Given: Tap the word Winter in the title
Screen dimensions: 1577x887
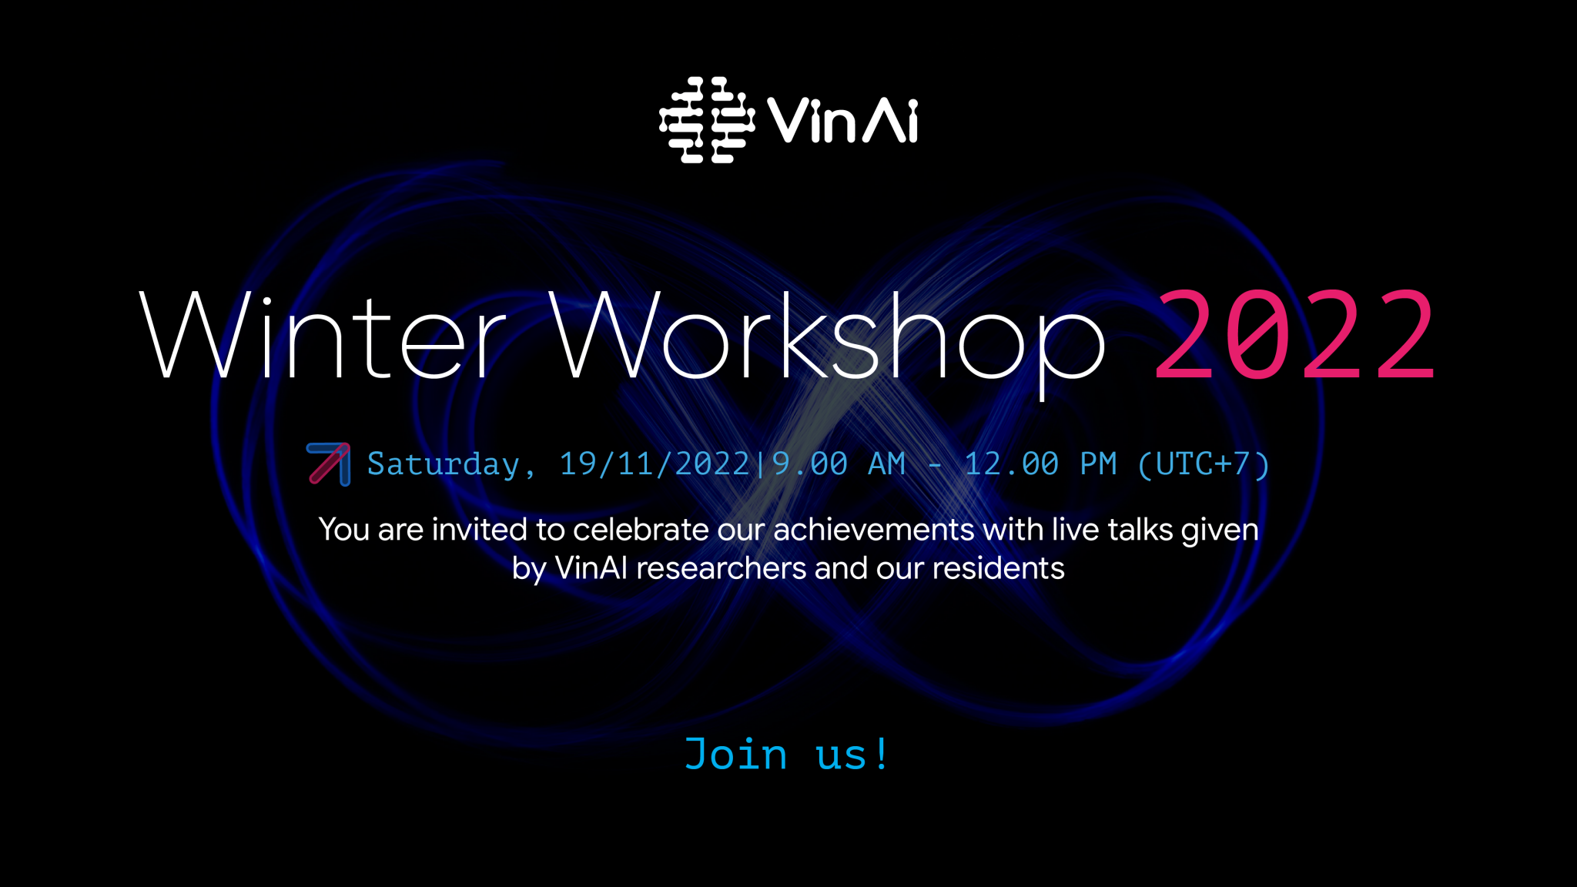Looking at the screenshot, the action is [323, 336].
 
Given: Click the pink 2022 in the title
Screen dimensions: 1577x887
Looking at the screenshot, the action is [1295, 334].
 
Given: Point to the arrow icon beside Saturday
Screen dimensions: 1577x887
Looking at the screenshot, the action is [329, 464].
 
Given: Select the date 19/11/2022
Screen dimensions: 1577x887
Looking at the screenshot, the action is [655, 464].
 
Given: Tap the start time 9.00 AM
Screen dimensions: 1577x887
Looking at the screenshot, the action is [839, 464].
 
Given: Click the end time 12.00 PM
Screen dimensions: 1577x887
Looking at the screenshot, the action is [1040, 464].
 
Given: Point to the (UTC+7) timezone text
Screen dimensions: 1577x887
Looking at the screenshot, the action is [1204, 464].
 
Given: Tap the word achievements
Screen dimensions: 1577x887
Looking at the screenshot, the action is [874, 530].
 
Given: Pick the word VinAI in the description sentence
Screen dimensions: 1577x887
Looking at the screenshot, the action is [591, 568].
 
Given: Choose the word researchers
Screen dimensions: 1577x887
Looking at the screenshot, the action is [722, 568].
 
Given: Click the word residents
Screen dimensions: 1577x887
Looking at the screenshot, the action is [999, 568].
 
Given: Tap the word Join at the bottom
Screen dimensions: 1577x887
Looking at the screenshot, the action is [736, 754].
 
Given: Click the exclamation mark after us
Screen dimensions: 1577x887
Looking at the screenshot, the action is [882, 753].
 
